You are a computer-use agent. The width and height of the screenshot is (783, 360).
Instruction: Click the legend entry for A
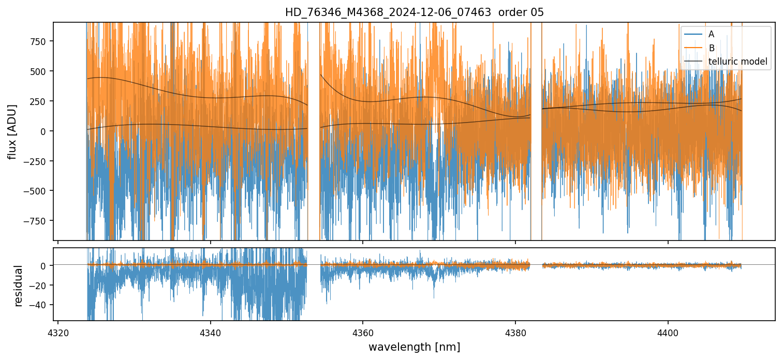711,34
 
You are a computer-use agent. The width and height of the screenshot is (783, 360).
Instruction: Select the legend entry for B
711,48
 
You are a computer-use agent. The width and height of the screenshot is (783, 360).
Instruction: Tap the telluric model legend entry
737,62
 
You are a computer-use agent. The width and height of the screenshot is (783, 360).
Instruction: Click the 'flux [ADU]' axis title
12,131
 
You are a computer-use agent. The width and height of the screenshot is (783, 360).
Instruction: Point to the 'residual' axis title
19,286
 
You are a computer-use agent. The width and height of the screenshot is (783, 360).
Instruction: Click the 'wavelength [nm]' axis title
414,347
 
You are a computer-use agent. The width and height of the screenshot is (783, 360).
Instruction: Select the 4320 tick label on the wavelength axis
58,332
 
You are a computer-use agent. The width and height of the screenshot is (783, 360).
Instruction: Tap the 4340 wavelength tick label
211,332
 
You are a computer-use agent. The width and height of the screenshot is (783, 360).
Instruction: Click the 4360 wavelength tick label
363,332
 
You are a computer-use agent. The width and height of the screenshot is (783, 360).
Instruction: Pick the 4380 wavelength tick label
515,332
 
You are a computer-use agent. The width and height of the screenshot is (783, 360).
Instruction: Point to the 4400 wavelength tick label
668,332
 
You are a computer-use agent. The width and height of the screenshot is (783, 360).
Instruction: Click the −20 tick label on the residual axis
39,285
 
